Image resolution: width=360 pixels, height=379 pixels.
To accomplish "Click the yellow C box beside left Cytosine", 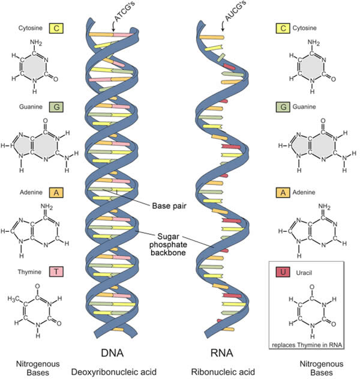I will point(56,28).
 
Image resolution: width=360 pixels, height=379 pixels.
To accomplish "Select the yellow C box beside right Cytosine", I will point(281,28).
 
